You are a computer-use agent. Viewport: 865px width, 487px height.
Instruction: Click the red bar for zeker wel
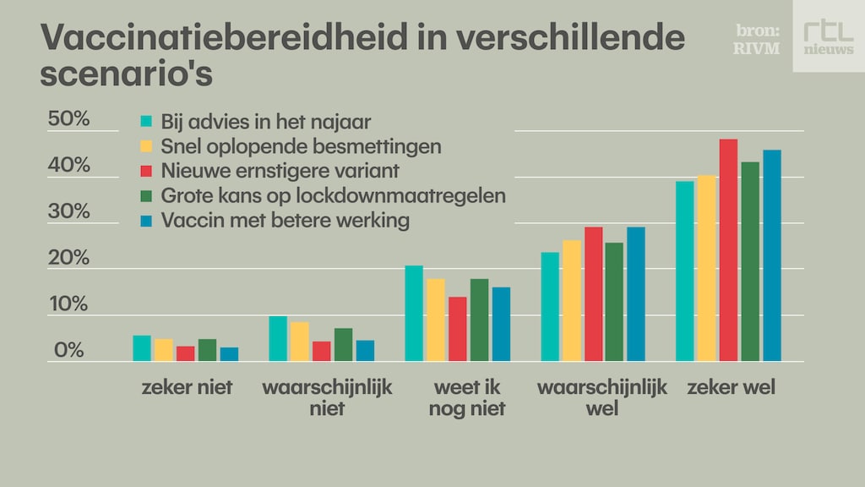[x=728, y=250]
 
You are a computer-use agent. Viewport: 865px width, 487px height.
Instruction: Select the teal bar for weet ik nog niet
[x=414, y=314]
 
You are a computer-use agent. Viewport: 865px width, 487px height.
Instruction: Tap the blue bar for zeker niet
[x=230, y=354]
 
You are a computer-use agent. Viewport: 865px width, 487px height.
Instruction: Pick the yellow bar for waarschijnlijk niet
[x=300, y=342]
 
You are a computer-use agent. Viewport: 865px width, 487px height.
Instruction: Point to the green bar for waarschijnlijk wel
[x=614, y=302]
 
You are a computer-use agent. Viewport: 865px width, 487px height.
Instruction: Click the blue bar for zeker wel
[x=772, y=255]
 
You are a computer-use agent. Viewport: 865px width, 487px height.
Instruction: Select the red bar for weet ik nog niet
[x=458, y=329]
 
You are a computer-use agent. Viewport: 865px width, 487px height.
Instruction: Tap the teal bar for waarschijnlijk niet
[x=278, y=338]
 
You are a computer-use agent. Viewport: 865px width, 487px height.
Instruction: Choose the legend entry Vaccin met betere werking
[x=285, y=220]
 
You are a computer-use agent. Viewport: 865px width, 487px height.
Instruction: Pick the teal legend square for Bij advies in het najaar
[x=146, y=122]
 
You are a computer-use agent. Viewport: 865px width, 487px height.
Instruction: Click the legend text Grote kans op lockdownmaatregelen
[x=333, y=195]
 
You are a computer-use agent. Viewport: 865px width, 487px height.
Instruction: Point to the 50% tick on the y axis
[x=68, y=119]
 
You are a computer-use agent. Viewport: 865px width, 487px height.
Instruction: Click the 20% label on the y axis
[x=68, y=258]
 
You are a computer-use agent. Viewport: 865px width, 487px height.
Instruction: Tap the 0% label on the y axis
[x=68, y=350]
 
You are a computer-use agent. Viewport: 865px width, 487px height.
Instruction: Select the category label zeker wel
[x=731, y=388]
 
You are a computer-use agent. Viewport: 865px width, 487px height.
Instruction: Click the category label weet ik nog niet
[x=468, y=398]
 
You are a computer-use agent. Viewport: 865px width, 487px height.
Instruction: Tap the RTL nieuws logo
[x=828, y=36]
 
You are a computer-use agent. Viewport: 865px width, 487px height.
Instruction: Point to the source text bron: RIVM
[x=758, y=40]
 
